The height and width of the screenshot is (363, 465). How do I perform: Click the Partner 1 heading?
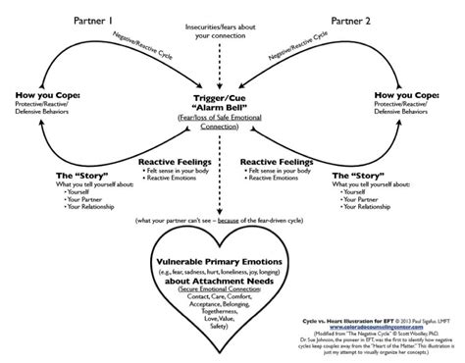[93, 20]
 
